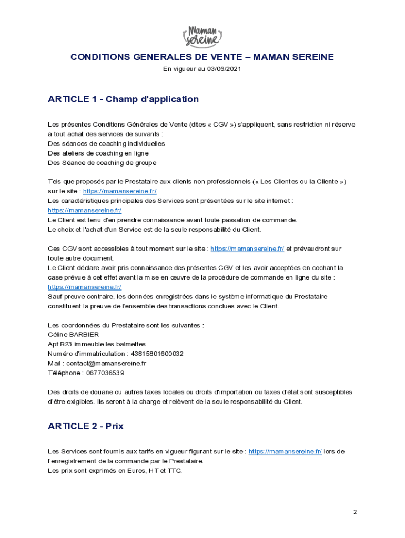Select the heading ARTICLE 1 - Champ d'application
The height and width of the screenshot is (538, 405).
[x=123, y=99]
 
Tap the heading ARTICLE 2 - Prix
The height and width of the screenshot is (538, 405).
[x=85, y=426]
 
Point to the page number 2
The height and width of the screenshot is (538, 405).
[x=355, y=512]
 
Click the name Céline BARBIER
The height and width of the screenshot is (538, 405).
[x=73, y=335]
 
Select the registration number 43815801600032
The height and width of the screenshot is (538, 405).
[x=156, y=354]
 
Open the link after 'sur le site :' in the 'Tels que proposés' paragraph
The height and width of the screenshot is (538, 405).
[x=119, y=191]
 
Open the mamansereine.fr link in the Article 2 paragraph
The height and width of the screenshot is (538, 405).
[x=285, y=451]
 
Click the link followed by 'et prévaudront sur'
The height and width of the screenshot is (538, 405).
[x=247, y=249]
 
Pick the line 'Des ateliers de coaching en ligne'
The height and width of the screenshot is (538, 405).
[x=98, y=153]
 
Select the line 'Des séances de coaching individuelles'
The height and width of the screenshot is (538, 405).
[x=106, y=143]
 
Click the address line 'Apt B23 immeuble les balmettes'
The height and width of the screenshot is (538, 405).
[x=96, y=344]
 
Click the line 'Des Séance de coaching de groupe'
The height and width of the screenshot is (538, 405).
[x=102, y=163]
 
